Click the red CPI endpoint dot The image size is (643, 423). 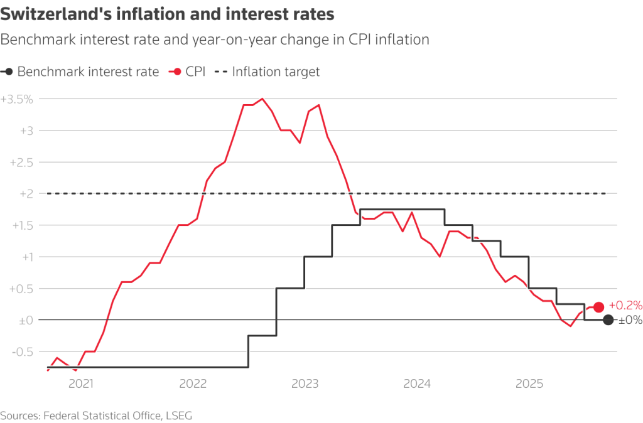point(598,307)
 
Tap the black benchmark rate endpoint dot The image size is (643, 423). point(608,320)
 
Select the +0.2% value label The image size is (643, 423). point(625,306)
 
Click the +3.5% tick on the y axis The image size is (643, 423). point(17,99)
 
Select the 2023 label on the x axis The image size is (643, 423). point(305,382)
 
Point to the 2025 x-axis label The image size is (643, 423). point(529,382)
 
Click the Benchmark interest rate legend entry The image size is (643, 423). point(80,72)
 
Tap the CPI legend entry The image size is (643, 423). point(186,72)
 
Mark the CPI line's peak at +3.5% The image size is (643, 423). point(262,99)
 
